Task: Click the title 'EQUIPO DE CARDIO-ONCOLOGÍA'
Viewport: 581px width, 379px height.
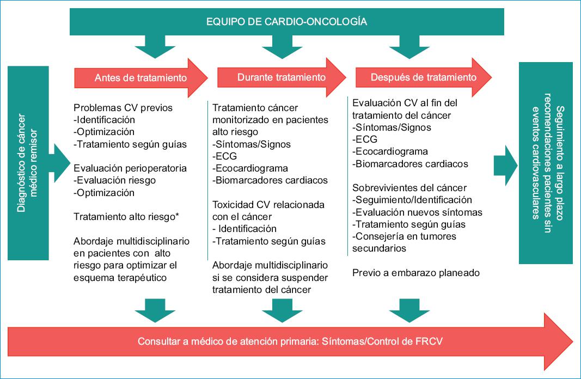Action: point(286,22)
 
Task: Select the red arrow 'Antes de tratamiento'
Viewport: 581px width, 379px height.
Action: point(140,78)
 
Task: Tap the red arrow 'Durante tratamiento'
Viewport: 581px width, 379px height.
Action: point(282,77)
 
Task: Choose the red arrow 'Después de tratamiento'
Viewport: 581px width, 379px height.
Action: point(423,77)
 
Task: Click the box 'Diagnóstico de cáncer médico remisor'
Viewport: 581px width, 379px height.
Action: point(29,163)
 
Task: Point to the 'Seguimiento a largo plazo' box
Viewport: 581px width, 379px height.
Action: point(545,163)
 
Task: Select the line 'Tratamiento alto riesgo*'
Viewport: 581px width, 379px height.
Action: point(126,216)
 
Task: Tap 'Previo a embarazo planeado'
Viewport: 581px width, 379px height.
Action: point(416,273)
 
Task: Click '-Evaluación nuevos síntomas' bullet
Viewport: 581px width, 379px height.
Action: point(417,212)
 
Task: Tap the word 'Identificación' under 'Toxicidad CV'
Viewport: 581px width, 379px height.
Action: point(247,229)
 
